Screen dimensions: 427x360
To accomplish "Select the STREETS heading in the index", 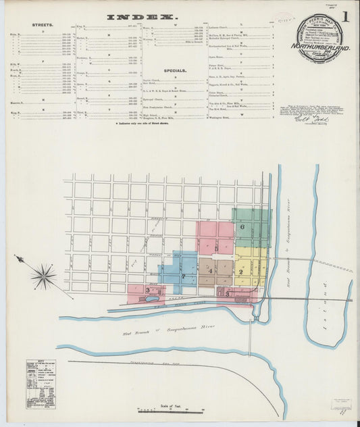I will (43, 24).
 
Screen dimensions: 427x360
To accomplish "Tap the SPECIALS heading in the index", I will (174, 70).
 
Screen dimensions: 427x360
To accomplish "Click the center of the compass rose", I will (45, 276).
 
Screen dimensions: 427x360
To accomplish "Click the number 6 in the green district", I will (241, 228).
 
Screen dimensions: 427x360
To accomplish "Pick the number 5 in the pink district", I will (216, 249).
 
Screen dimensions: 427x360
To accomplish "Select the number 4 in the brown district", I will (210, 271).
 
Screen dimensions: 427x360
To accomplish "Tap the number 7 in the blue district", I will (182, 276).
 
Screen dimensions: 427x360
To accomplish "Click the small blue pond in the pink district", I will (153, 297).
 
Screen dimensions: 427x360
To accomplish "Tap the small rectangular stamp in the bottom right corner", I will (340, 403).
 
